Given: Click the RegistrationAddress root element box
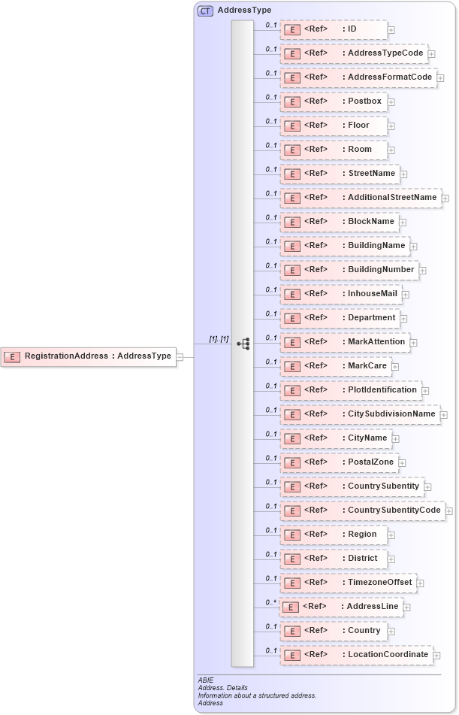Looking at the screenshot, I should click(89, 356).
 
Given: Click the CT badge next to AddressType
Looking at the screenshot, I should click(204, 11).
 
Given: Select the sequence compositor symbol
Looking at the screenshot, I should click(243, 344).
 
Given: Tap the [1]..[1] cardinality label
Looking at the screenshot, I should click(219, 339).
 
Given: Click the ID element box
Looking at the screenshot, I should click(334, 29).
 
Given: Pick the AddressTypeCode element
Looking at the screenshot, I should click(353, 53).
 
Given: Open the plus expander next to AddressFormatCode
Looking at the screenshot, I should click(441, 77).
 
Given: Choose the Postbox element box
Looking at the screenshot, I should click(334, 101).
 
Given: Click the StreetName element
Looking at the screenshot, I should click(339, 174).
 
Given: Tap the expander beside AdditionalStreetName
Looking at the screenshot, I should click(445, 198).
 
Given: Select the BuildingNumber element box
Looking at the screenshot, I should click(349, 270).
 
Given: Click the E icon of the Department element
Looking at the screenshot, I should click(291, 318).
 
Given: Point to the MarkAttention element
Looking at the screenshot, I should click(345, 342).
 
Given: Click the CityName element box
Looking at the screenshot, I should click(336, 438).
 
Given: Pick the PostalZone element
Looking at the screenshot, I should click(339, 462).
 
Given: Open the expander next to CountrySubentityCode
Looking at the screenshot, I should click(449, 511).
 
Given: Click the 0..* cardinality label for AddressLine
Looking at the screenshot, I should click(270, 602).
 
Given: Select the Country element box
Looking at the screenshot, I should click(334, 631).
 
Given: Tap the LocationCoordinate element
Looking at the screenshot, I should click(356, 655).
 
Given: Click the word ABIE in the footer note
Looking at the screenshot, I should click(206, 680).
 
